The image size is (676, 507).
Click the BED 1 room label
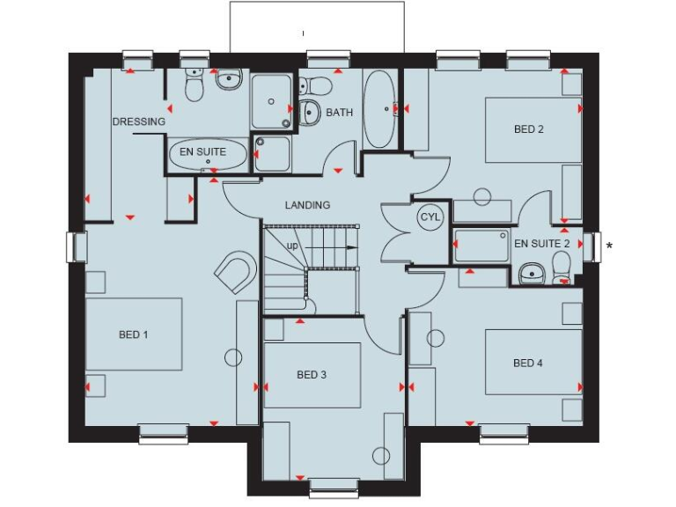[133, 334]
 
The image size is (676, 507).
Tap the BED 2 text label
[529, 129]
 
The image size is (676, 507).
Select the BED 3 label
[312, 375]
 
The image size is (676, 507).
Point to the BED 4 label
[527, 363]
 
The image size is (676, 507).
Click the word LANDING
[307, 205]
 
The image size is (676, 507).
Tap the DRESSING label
[138, 121]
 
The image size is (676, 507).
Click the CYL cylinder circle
[430, 217]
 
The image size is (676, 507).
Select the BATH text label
[339, 113]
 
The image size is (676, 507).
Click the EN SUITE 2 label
[542, 243]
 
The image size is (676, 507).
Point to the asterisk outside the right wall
[609, 246]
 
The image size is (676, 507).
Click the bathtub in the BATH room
[379, 109]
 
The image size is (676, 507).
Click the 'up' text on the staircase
[291, 245]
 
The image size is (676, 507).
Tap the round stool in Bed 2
[482, 195]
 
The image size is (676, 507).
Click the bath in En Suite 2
[481, 246]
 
